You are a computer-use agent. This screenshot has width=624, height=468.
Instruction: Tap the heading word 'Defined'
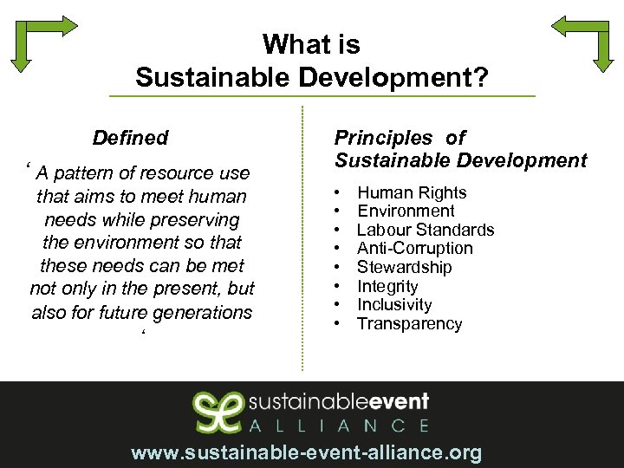click(x=130, y=138)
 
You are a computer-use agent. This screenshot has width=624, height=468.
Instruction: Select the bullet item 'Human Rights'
click(x=412, y=192)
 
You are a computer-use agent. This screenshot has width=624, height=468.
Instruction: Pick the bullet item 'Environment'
click(x=406, y=211)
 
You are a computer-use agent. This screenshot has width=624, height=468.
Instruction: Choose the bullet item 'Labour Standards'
click(x=426, y=230)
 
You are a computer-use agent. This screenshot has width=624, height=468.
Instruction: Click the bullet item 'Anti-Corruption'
click(x=415, y=248)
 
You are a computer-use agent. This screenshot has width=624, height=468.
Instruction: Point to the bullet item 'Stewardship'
click(x=405, y=267)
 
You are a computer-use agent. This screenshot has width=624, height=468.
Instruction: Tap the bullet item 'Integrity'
click(x=387, y=286)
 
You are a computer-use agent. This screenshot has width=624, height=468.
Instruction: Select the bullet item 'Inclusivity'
click(x=394, y=304)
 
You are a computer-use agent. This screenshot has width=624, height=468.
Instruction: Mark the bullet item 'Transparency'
click(x=410, y=324)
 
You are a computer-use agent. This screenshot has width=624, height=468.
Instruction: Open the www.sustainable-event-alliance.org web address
click(x=306, y=452)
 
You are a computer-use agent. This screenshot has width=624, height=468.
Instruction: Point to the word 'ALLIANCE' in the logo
click(x=338, y=426)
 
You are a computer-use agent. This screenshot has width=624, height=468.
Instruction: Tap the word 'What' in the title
click(x=289, y=44)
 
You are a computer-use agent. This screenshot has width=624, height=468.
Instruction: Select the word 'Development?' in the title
click(x=393, y=78)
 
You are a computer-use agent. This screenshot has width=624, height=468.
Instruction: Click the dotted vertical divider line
click(x=302, y=238)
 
